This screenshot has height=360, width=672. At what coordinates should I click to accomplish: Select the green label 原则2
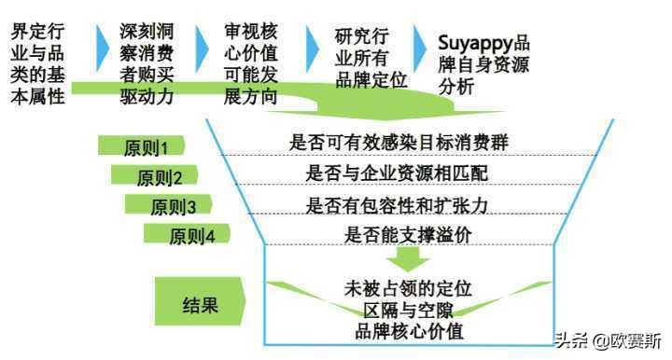tap(154, 176)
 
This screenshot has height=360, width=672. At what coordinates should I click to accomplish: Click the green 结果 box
tap(200, 302)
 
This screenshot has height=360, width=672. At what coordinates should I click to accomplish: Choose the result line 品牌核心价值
tap(404, 329)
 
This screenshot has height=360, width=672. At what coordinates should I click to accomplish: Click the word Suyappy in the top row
tap(475, 44)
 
